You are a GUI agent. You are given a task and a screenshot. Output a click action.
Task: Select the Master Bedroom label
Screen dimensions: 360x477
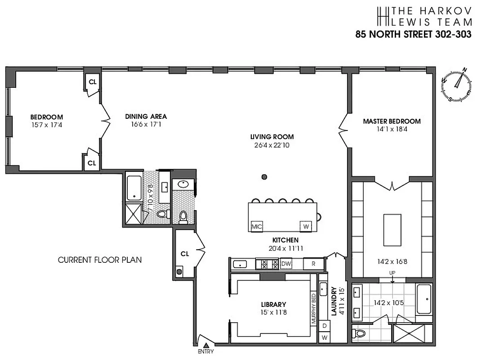coord(392,121)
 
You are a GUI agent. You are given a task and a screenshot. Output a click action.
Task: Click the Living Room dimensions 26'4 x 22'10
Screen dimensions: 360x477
coord(272,145)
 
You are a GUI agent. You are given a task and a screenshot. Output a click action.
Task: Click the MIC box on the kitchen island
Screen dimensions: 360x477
coord(257,226)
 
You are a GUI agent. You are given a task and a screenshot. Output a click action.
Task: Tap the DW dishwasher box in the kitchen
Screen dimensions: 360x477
coord(286,264)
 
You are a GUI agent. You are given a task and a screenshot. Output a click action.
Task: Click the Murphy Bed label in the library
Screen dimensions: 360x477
coord(314,308)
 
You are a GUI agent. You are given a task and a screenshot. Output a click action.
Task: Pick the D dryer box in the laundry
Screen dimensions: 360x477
coord(324,324)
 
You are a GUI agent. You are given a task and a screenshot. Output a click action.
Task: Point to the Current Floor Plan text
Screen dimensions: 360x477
coord(99,260)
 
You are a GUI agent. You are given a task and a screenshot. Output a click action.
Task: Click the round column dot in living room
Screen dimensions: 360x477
coord(264,176)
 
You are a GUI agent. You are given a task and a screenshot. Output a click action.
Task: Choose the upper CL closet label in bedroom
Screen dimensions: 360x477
coord(92,82)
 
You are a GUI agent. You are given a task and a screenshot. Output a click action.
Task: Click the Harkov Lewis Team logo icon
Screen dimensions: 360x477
coord(383,16)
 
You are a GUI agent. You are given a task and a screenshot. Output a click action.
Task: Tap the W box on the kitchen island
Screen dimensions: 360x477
coord(306,226)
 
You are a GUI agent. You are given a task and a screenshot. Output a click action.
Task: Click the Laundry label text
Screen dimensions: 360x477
coord(334,302)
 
